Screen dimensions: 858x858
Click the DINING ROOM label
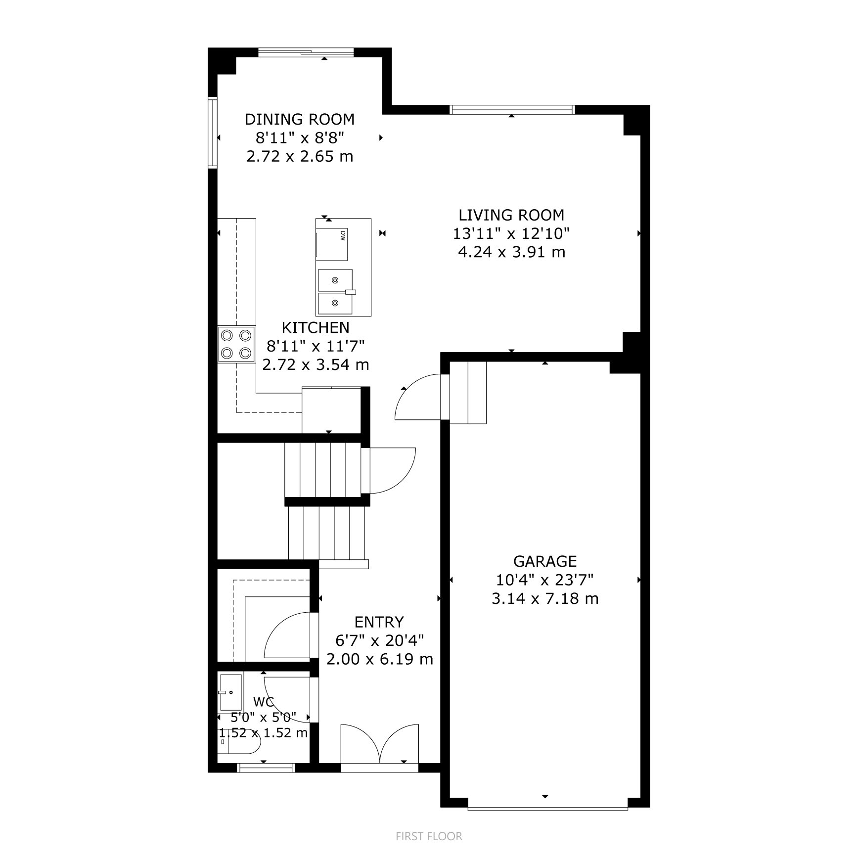300,119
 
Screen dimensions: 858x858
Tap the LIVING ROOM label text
511,215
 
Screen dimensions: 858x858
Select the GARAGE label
545,561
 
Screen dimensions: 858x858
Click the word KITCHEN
316,327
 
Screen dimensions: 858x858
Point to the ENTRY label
379,622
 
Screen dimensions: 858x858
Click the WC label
263,702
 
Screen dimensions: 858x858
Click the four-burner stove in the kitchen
236,344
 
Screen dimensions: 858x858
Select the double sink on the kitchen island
335,292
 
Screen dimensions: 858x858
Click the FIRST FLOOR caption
429,836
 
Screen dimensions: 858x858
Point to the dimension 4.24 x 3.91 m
511,252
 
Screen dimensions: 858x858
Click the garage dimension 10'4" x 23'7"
545,580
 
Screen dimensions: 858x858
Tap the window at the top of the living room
512,109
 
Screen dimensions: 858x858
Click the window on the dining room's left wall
213,133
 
